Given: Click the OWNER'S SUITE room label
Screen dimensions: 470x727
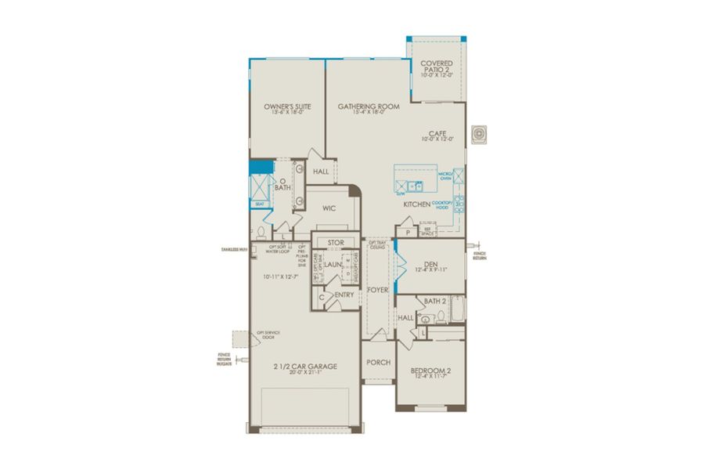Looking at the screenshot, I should [x=283, y=106].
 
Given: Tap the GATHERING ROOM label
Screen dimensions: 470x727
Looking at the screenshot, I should [x=369, y=106].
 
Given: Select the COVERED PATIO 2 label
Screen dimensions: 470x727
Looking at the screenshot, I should [x=437, y=67].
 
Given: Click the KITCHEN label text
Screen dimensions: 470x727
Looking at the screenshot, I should [x=416, y=204].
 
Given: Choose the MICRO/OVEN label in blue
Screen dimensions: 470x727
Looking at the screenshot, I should [x=445, y=175].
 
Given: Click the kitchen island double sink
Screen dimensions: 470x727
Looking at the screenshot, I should [x=416, y=186].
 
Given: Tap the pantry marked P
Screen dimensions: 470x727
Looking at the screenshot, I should [x=408, y=233].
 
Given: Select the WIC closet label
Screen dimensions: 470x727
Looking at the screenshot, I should [x=329, y=208].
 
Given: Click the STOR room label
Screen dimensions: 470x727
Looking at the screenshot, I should [x=336, y=244].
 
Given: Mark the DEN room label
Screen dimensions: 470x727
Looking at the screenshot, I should [x=430, y=265].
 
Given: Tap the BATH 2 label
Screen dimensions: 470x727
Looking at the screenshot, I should [x=434, y=301].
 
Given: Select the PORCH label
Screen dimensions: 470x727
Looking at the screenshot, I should [x=378, y=363].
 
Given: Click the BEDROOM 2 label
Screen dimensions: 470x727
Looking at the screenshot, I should [x=430, y=371].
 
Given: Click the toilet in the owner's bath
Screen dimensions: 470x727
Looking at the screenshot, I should [x=261, y=232].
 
